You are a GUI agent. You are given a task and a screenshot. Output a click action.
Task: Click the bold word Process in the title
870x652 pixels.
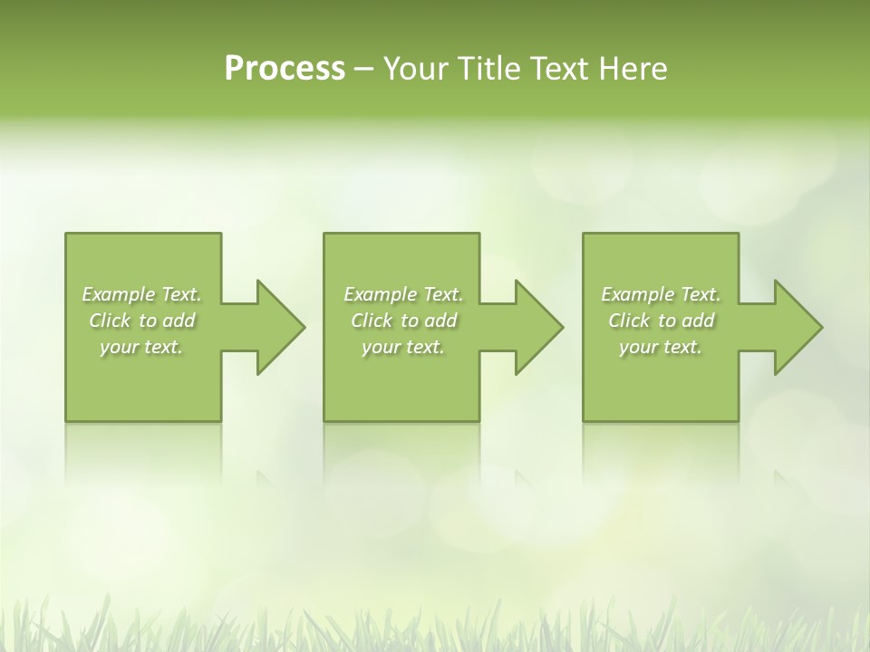pyautogui.click(x=285, y=69)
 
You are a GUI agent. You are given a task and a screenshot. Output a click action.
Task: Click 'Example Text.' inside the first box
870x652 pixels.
pyautogui.click(x=141, y=294)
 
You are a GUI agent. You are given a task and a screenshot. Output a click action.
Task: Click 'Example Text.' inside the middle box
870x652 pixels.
pyautogui.click(x=403, y=294)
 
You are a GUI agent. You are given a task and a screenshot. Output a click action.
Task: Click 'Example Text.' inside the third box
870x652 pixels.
pyautogui.click(x=661, y=294)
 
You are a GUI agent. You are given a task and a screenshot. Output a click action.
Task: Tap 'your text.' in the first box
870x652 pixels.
pyautogui.click(x=141, y=348)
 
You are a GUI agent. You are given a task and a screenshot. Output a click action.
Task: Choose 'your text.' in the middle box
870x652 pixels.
pyautogui.click(x=403, y=348)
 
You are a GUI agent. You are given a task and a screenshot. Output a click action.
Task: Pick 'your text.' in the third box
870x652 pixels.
pyautogui.click(x=661, y=348)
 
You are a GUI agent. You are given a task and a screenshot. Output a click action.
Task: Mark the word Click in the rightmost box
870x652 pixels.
pyautogui.click(x=629, y=321)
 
